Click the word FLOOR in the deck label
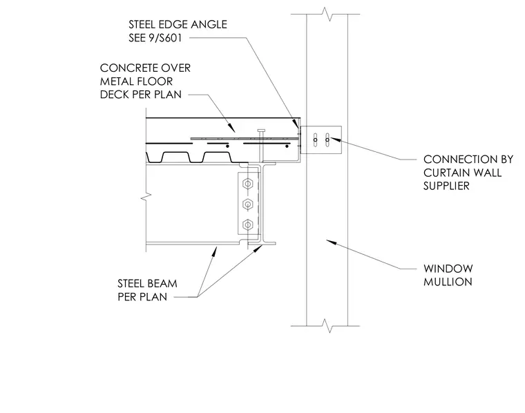click(157, 81)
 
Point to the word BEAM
click(162, 283)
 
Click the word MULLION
click(448, 282)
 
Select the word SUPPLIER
click(446, 186)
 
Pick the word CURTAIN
click(448, 173)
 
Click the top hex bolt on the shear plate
click(247, 184)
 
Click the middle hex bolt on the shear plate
click(247, 204)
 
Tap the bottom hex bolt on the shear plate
click(247, 224)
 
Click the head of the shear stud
click(262, 131)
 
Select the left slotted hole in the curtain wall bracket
click(315, 140)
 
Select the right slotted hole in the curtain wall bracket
click(327, 140)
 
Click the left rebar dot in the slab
click(227, 146)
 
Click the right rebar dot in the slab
click(287, 146)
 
